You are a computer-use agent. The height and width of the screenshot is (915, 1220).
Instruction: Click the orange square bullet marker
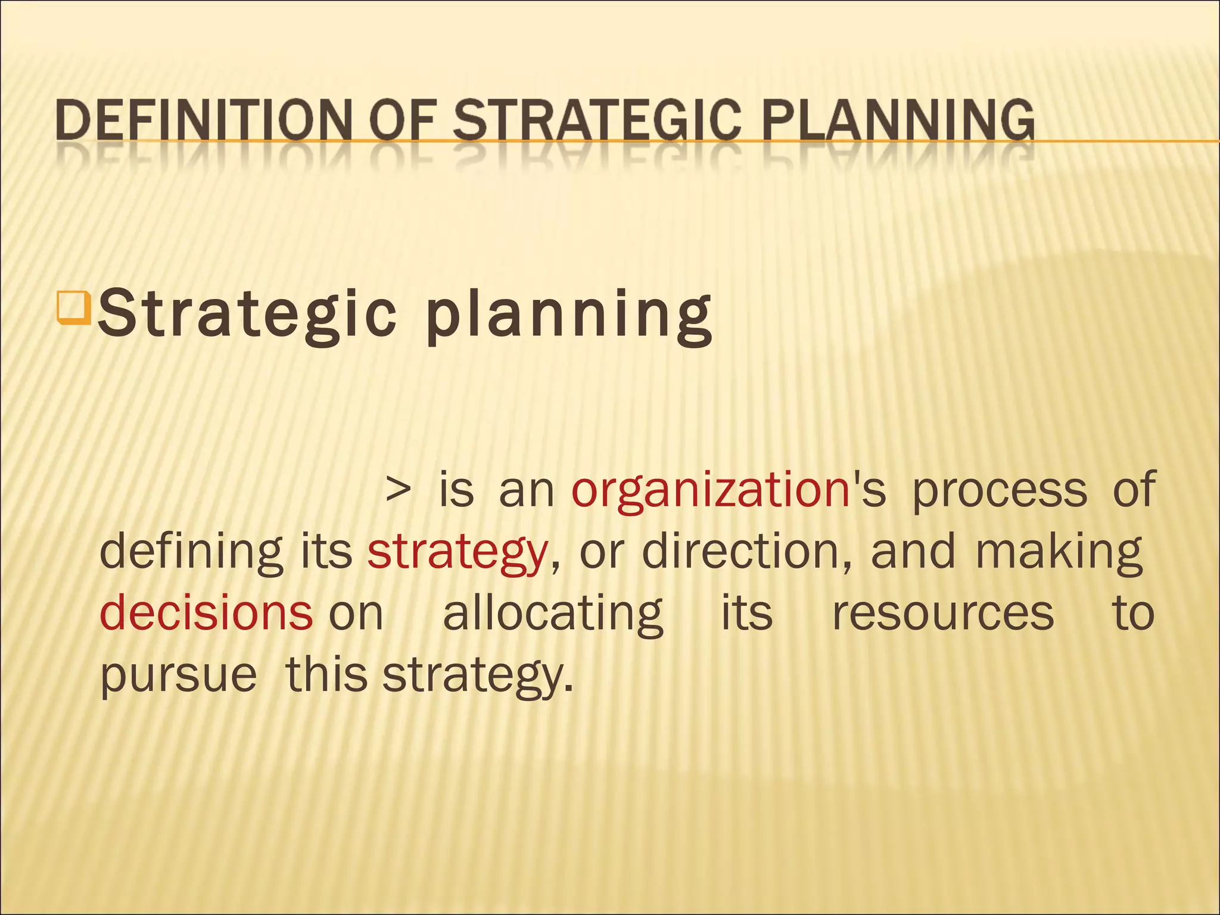point(73,306)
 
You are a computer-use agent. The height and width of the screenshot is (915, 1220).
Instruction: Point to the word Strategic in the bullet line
point(247,313)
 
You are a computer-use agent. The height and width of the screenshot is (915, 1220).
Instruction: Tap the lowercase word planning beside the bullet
point(569,316)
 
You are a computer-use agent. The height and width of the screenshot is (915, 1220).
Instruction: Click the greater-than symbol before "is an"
point(398,490)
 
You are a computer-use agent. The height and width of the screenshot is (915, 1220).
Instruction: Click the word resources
point(943,614)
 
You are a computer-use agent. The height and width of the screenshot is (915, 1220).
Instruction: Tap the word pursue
point(178,677)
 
